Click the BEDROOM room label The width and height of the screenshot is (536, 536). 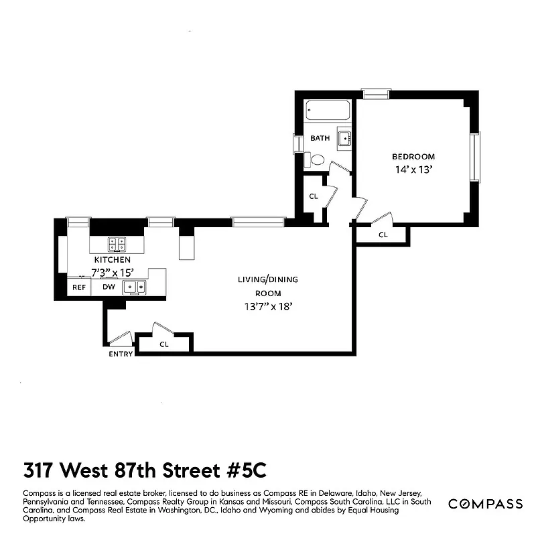[x=413, y=157]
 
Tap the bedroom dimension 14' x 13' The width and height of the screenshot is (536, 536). [x=413, y=170]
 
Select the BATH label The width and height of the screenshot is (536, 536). [x=320, y=139]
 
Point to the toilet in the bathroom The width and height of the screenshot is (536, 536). [x=317, y=160]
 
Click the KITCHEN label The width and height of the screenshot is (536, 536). [x=112, y=260]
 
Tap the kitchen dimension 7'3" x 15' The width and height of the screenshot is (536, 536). [x=113, y=273]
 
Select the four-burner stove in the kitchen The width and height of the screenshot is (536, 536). [x=118, y=245]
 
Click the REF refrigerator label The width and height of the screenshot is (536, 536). [x=79, y=287]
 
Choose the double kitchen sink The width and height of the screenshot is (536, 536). [x=138, y=287]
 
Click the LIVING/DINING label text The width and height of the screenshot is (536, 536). [x=267, y=279]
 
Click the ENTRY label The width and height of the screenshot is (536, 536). [x=121, y=354]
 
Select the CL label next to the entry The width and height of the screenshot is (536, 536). [x=164, y=344]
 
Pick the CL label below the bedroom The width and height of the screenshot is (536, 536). [x=383, y=235]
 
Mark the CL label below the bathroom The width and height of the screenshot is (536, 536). [x=313, y=196]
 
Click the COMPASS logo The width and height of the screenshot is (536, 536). [x=485, y=504]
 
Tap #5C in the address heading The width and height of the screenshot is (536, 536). [x=247, y=468]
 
